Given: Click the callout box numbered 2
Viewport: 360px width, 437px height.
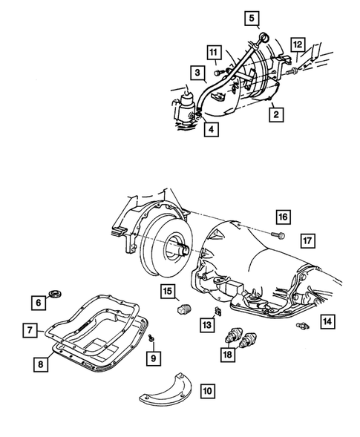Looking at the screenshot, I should tap(275, 114).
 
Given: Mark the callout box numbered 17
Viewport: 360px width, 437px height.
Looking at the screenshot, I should tap(306, 240).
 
